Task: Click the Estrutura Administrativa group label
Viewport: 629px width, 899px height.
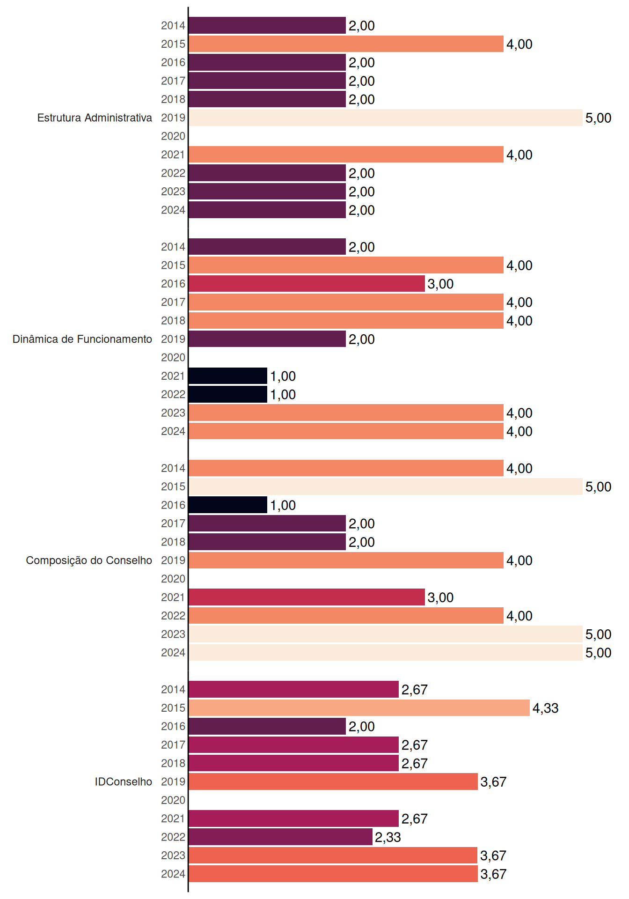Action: point(95,118)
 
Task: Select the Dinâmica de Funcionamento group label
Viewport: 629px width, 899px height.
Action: point(82,339)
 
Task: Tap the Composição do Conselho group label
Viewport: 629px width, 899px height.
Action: point(89,560)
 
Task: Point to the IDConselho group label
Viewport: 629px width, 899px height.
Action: point(124,781)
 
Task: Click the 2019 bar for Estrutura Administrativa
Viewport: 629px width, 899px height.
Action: point(386,118)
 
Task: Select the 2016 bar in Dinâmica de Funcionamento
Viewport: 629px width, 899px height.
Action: point(307,284)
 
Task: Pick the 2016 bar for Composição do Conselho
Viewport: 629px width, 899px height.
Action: point(228,505)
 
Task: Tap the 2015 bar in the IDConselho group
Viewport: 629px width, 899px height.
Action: point(359,708)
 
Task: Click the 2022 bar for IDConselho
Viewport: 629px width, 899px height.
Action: point(281,837)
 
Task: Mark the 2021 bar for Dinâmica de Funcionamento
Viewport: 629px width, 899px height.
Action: point(228,376)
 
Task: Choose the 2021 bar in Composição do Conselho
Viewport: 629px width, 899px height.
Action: point(307,597)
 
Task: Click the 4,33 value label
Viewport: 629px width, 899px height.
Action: point(546,708)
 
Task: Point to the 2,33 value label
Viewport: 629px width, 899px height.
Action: point(388,837)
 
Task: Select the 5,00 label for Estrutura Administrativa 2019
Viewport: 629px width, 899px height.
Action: point(599,118)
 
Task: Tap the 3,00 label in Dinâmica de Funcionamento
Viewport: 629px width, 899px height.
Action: point(441,284)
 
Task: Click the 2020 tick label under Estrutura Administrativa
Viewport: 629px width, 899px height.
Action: point(173,136)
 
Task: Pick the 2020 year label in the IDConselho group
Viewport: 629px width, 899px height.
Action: point(173,800)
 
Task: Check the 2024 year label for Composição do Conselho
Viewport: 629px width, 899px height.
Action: point(173,653)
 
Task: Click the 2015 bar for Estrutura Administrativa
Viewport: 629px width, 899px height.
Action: point(346,44)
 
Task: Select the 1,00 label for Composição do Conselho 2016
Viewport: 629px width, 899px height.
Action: point(283,505)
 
